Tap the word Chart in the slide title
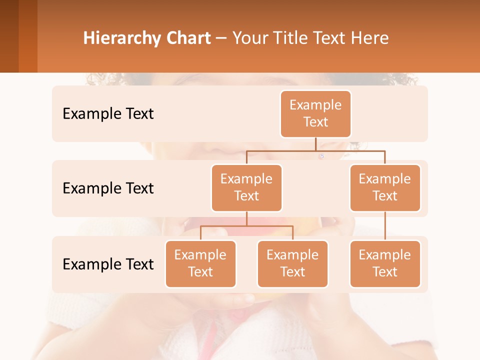pos(186,38)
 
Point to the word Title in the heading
pos(291,38)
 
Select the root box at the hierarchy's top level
pos(315,114)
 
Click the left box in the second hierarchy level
pos(246,188)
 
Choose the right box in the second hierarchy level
pos(385,188)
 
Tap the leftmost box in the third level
pos(200,264)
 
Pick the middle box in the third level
pos(292,264)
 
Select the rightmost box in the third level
pos(385,264)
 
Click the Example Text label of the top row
pos(108,114)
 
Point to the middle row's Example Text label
pos(108,188)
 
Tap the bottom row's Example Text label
pos(108,264)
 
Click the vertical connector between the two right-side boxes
pos(385,226)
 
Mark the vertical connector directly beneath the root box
pos(315,144)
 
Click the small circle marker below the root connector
pos(321,156)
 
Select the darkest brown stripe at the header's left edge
pos(9,36)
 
